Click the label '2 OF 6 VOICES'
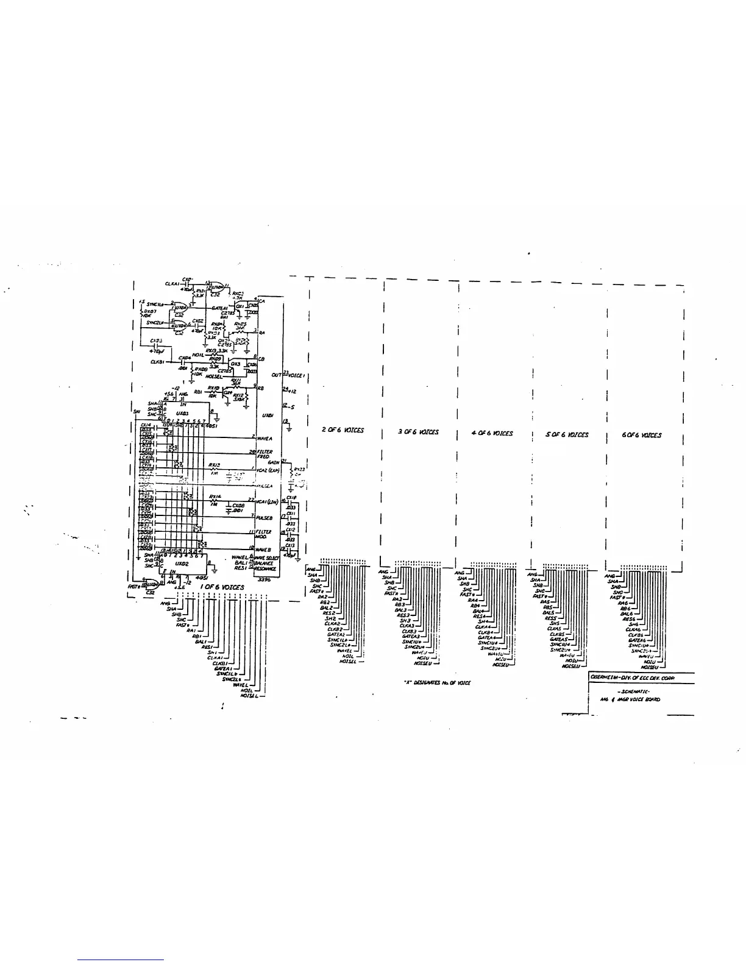click(x=343, y=430)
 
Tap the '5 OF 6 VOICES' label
click(x=567, y=434)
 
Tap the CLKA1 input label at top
click(x=172, y=283)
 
